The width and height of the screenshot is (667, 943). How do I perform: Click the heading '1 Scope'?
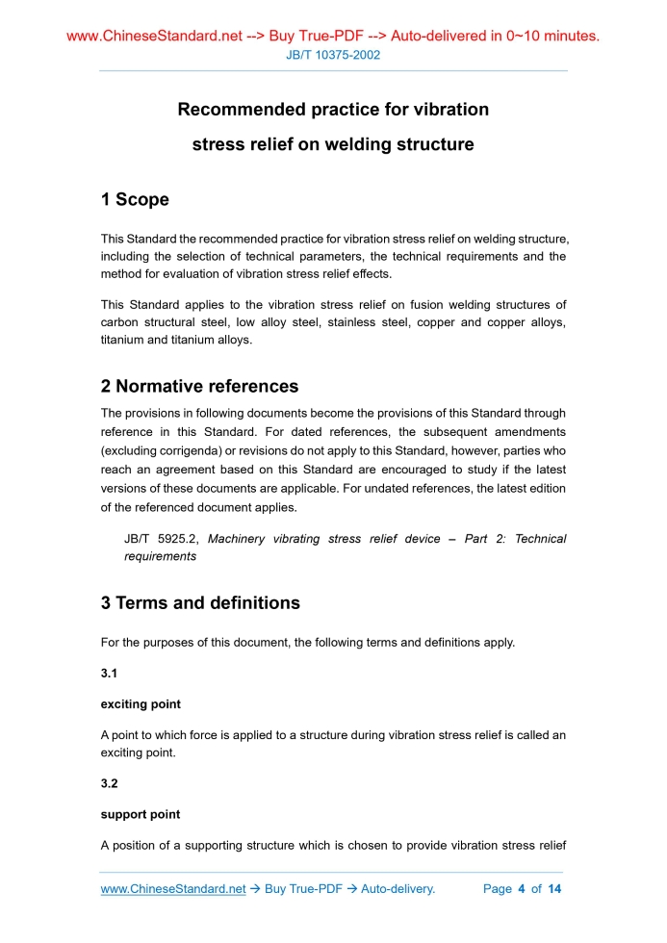pyautogui.click(x=135, y=200)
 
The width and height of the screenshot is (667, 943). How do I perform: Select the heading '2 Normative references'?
pyautogui.click(x=199, y=387)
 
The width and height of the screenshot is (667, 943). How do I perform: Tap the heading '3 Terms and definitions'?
pyautogui.click(x=200, y=603)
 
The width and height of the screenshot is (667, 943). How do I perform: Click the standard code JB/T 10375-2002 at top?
pyautogui.click(x=333, y=55)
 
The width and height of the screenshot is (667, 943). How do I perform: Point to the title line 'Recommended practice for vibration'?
pyautogui.click(x=333, y=110)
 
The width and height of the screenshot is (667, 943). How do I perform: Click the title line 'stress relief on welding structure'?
pyautogui.click(x=333, y=145)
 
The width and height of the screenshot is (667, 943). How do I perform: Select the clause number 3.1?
pyautogui.click(x=110, y=674)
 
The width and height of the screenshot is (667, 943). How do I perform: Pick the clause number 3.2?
pyautogui.click(x=110, y=783)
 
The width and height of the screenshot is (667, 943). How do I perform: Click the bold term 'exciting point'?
pyautogui.click(x=141, y=704)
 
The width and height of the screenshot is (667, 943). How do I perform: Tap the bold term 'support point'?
pyautogui.click(x=141, y=814)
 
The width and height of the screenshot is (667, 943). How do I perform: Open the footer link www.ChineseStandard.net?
pyautogui.click(x=173, y=889)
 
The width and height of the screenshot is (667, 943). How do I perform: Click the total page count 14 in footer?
pyautogui.click(x=554, y=889)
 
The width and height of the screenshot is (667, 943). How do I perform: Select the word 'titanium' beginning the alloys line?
pyautogui.click(x=122, y=341)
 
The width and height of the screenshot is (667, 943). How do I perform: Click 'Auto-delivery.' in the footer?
pyautogui.click(x=398, y=889)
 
